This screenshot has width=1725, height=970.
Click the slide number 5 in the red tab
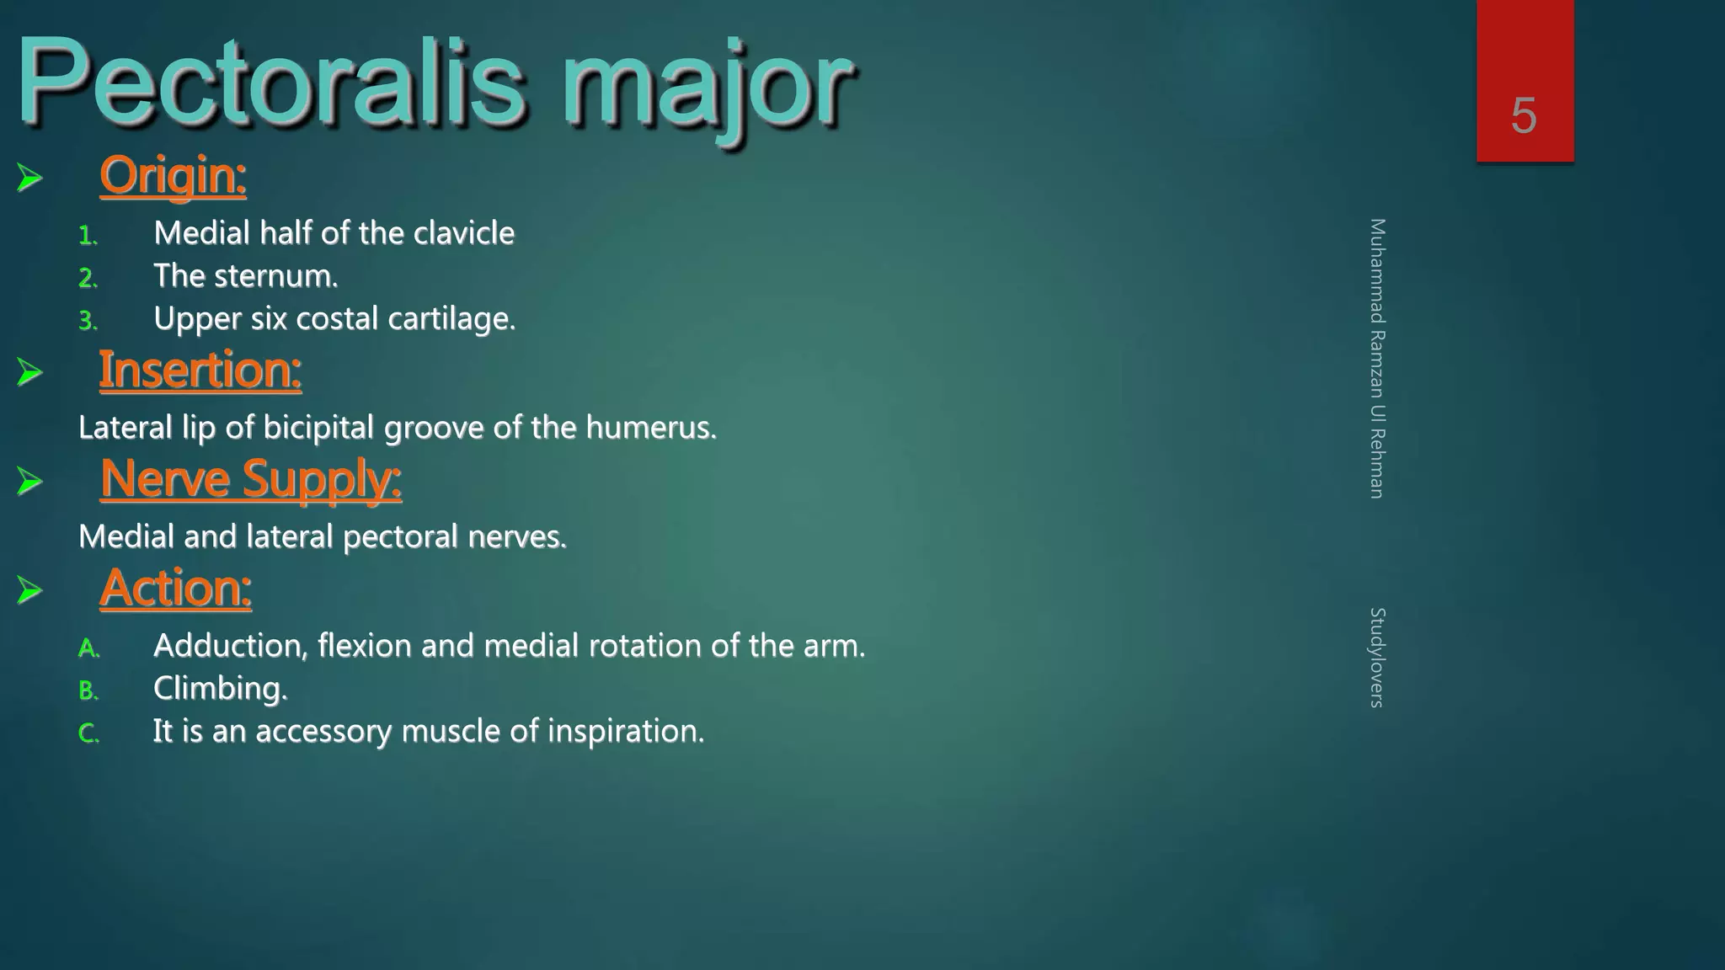(1524, 115)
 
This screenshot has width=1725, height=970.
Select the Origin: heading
(173, 176)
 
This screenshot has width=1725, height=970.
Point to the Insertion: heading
(200, 370)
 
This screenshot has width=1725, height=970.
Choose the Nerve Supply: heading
(250, 479)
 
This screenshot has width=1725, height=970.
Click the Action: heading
(175, 588)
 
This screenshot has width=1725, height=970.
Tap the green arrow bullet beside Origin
(29, 178)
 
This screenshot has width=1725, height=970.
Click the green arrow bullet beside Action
(29, 590)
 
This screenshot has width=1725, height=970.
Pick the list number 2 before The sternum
(87, 278)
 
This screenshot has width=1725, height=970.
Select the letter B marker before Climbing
(88, 691)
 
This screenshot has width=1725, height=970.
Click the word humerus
(650, 428)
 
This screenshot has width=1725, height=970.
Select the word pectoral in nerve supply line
(400, 537)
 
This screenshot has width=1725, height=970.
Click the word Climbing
(220, 690)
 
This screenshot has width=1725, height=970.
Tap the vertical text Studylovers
(1377, 657)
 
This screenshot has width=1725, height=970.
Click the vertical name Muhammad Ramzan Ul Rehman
(1377, 358)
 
